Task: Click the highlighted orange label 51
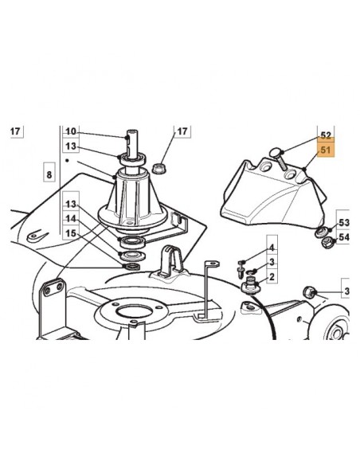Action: point(324,150)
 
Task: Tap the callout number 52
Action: point(324,136)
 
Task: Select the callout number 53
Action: point(344,222)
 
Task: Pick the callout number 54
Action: point(344,237)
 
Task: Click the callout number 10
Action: point(71,131)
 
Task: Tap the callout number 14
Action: point(71,218)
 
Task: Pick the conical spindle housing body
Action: point(132,195)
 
